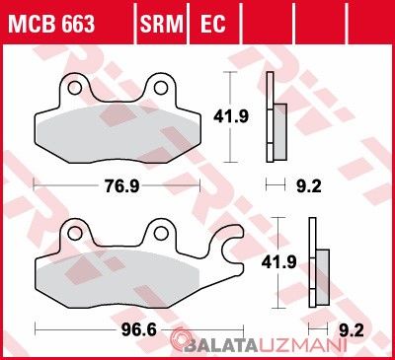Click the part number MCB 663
51,24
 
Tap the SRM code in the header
162,24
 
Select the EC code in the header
212,24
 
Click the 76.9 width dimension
121,186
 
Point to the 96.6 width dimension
139,330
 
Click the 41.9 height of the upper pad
231,116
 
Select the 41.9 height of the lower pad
278,262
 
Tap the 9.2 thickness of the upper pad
309,186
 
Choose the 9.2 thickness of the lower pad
352,330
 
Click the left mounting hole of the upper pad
75,88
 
